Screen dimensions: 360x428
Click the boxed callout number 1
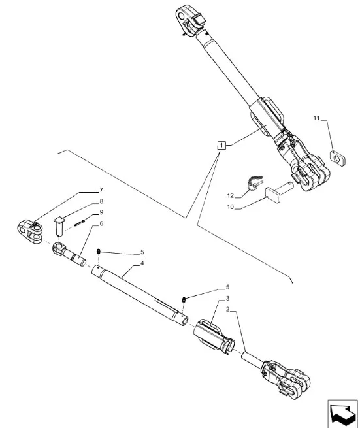coord(221,145)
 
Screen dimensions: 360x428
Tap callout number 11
coord(316,118)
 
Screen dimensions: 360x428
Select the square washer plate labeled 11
coord(338,159)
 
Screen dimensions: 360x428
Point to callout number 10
coord(231,207)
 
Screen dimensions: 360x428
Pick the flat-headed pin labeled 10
coord(279,191)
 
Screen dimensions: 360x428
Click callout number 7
coord(101,190)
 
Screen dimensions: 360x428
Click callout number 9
coord(101,212)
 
